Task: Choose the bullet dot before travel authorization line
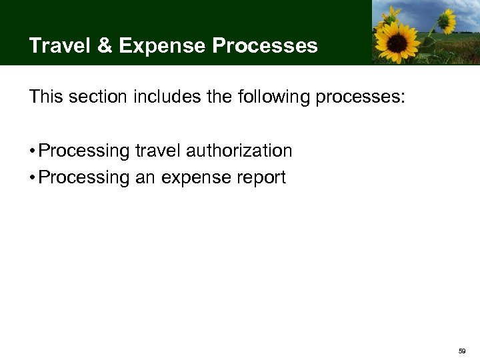[x=32, y=151]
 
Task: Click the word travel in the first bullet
[x=157, y=151]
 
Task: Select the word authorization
[x=239, y=151]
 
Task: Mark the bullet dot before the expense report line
[x=32, y=178]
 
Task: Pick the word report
[x=262, y=179]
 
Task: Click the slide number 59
[x=463, y=350]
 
